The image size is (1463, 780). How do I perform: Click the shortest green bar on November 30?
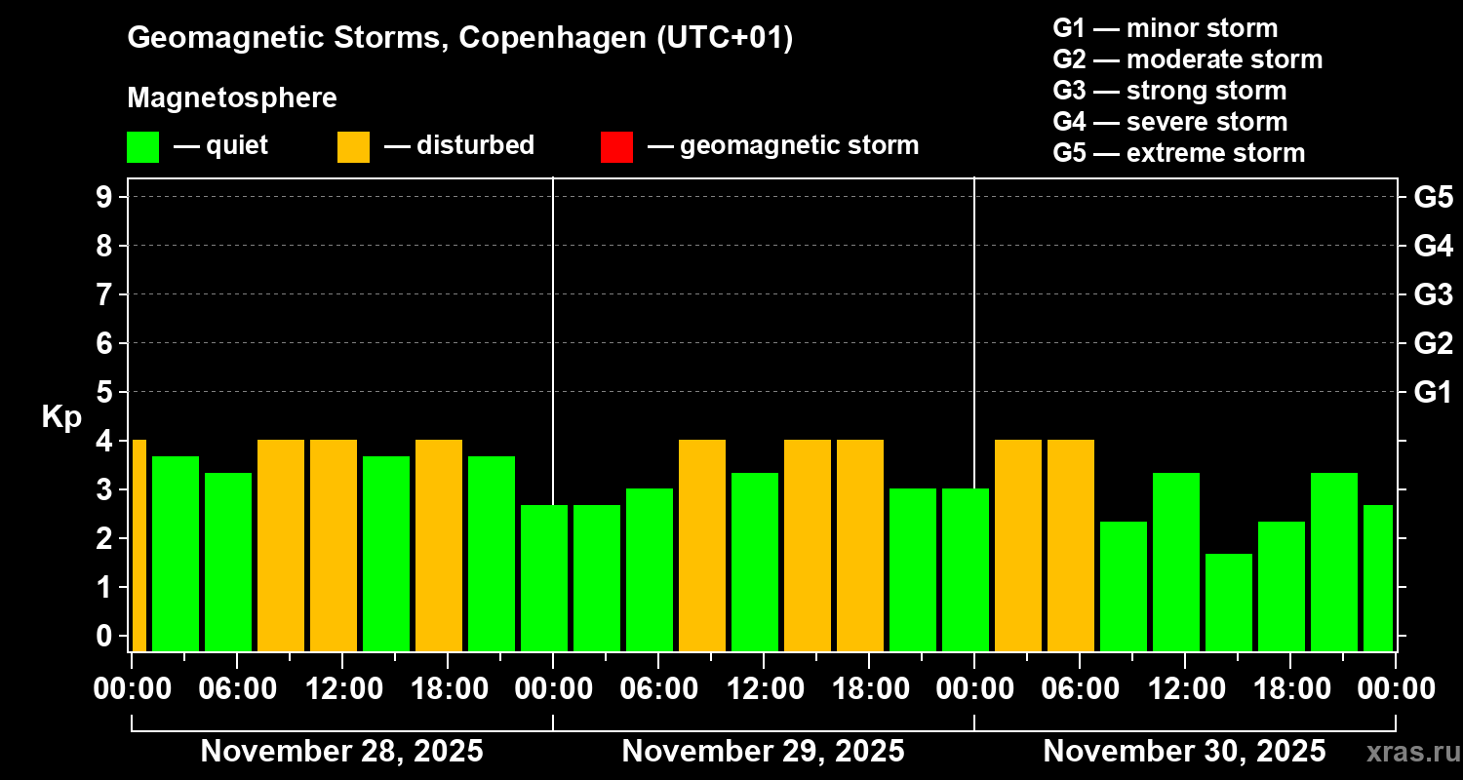coord(1229,602)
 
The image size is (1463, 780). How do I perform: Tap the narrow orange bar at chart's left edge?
coord(138,545)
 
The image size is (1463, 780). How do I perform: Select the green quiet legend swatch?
coord(142,146)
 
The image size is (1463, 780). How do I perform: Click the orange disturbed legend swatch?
coord(353,146)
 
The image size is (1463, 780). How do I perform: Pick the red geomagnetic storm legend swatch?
coord(616,146)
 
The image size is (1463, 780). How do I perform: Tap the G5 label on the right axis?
coord(1433,197)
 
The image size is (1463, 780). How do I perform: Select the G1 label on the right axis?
coord(1433,392)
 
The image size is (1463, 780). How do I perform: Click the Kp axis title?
coord(61,417)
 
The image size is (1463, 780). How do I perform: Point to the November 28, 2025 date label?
coord(341,752)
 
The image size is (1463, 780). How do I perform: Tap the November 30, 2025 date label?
coord(1184,752)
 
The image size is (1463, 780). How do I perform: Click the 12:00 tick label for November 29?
coord(764,688)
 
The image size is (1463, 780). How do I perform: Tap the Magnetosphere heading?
coord(232,98)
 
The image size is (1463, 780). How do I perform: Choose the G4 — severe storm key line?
coord(1169,122)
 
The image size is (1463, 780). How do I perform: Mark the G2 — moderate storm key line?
coord(1187,59)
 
